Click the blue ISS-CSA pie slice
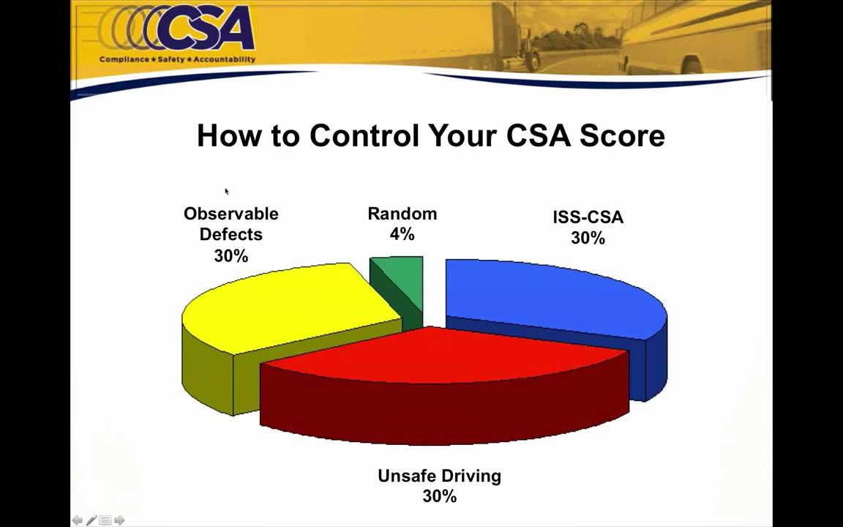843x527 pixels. pos(556,293)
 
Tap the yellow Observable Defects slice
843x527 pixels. pos(285,307)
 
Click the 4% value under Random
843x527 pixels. pos(402,234)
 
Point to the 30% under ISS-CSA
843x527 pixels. pos(588,238)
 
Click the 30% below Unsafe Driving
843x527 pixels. pos(439,496)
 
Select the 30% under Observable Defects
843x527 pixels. pos(231,255)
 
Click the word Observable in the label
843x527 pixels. pos(231,214)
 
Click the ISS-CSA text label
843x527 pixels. pos(588,217)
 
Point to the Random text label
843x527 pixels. pos(402,214)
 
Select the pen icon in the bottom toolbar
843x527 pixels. pos(91,520)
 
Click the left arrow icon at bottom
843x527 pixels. pos(77,520)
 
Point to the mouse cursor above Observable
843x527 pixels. pos(226,191)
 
